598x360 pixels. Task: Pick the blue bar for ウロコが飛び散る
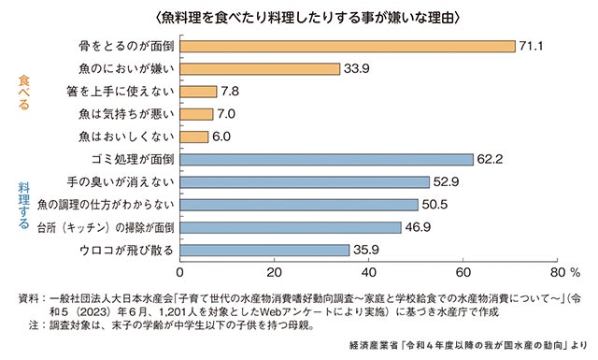(263, 250)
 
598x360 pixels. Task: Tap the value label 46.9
(419, 227)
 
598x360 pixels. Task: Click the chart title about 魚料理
(299, 16)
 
